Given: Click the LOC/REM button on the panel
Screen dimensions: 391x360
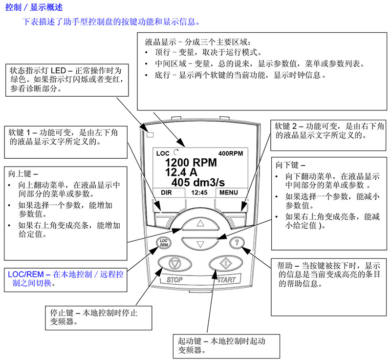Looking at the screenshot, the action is click(164, 243).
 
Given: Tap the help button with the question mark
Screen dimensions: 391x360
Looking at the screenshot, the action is click(237, 242).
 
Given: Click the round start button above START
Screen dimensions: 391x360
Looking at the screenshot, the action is click(226, 263).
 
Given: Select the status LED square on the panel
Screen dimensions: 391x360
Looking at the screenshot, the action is click(150, 135).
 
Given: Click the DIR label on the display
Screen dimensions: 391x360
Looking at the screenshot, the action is click(166, 192).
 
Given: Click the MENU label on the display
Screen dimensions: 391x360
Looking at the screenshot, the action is click(229, 192).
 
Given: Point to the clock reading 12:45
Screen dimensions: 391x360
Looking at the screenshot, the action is click(199, 192).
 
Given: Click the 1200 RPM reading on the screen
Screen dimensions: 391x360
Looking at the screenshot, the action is click(191, 163).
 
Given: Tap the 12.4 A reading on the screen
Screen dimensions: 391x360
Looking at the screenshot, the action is click(181, 172).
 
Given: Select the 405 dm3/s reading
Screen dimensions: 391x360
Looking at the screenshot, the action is click(198, 182).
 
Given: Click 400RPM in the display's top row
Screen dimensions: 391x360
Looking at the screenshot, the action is click(231, 153).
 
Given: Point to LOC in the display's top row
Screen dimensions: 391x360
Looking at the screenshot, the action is click(163, 153).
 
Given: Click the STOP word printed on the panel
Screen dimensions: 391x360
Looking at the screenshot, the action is click(174, 280).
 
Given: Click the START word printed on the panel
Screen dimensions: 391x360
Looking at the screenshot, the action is click(226, 280).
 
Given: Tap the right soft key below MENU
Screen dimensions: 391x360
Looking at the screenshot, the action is click(234, 219).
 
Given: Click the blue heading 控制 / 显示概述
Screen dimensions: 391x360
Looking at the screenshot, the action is click(34, 7).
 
